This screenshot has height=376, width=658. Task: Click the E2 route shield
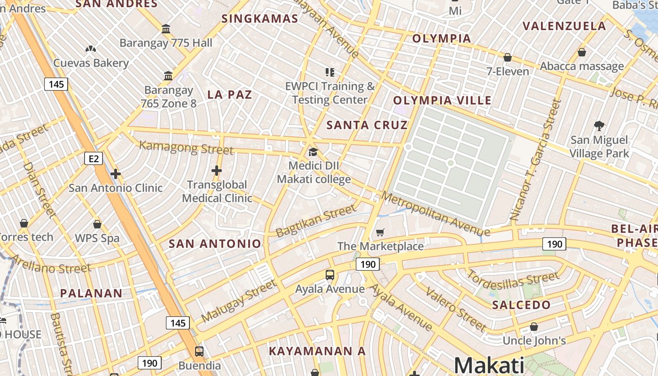tap(94, 158)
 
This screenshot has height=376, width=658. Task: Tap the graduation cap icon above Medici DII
tap(313, 152)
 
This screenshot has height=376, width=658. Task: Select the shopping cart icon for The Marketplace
tap(380, 232)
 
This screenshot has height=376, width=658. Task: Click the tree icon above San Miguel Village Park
tap(599, 125)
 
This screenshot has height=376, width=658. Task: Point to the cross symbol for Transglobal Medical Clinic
tap(217, 171)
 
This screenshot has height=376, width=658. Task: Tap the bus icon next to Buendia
tap(199, 351)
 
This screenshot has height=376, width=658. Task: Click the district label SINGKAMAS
tap(260, 19)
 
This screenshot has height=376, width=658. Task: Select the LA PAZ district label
tap(230, 94)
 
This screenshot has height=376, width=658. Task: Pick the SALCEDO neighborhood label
tap(521, 305)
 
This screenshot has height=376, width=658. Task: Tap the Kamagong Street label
tap(186, 147)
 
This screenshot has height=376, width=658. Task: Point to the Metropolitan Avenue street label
tap(436, 214)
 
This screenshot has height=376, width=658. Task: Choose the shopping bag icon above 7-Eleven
tap(508, 58)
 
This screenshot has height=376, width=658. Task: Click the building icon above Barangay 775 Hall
tap(166, 29)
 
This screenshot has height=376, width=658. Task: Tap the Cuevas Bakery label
tap(91, 63)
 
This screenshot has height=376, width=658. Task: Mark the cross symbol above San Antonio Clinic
tap(116, 174)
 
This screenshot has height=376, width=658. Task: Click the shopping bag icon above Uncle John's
tap(534, 327)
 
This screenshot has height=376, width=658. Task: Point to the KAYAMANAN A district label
tap(317, 351)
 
